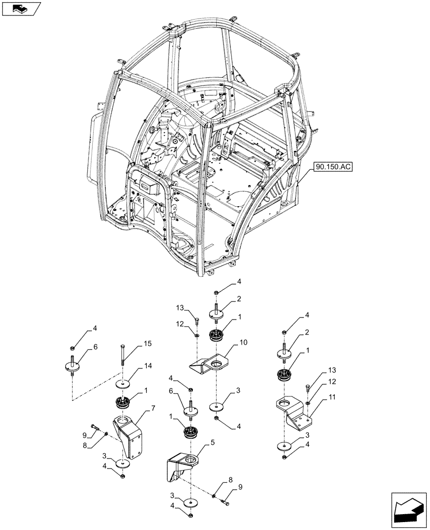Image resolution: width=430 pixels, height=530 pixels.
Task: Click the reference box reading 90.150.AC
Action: (x=332, y=166)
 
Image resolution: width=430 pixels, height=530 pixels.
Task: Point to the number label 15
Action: (x=146, y=344)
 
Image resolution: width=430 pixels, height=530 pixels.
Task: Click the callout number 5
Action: (x=212, y=441)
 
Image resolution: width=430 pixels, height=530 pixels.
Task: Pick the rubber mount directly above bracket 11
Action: (x=285, y=376)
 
